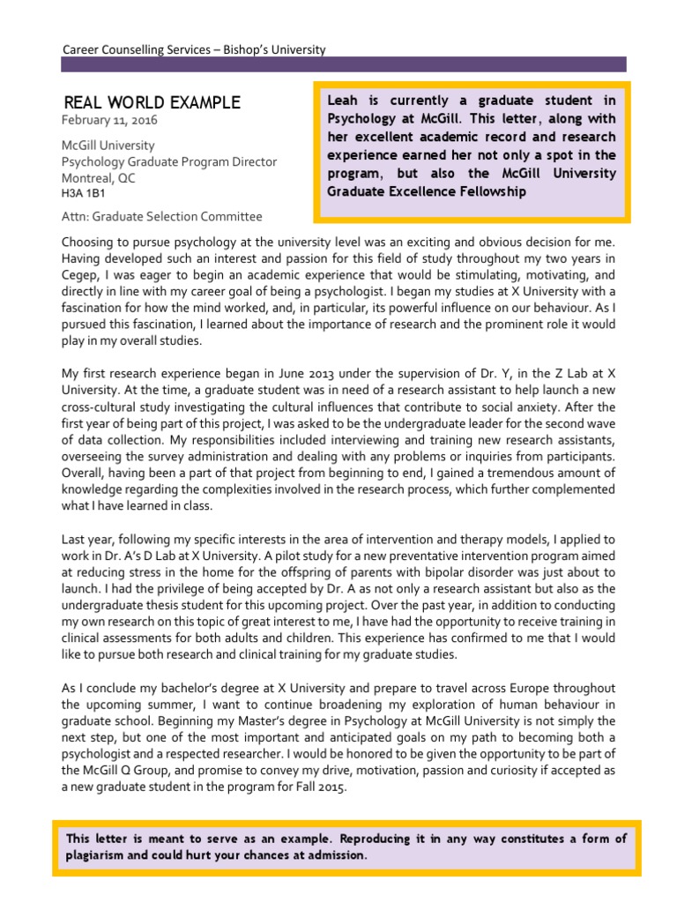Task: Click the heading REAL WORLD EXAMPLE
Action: click(x=153, y=103)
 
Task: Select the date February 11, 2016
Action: click(x=109, y=121)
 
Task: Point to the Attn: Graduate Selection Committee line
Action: click(x=162, y=217)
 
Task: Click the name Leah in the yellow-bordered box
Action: click(x=343, y=101)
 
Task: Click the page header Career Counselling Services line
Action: click(x=194, y=49)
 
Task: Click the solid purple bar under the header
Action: click(x=344, y=64)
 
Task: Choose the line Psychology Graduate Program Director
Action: click(x=168, y=161)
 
